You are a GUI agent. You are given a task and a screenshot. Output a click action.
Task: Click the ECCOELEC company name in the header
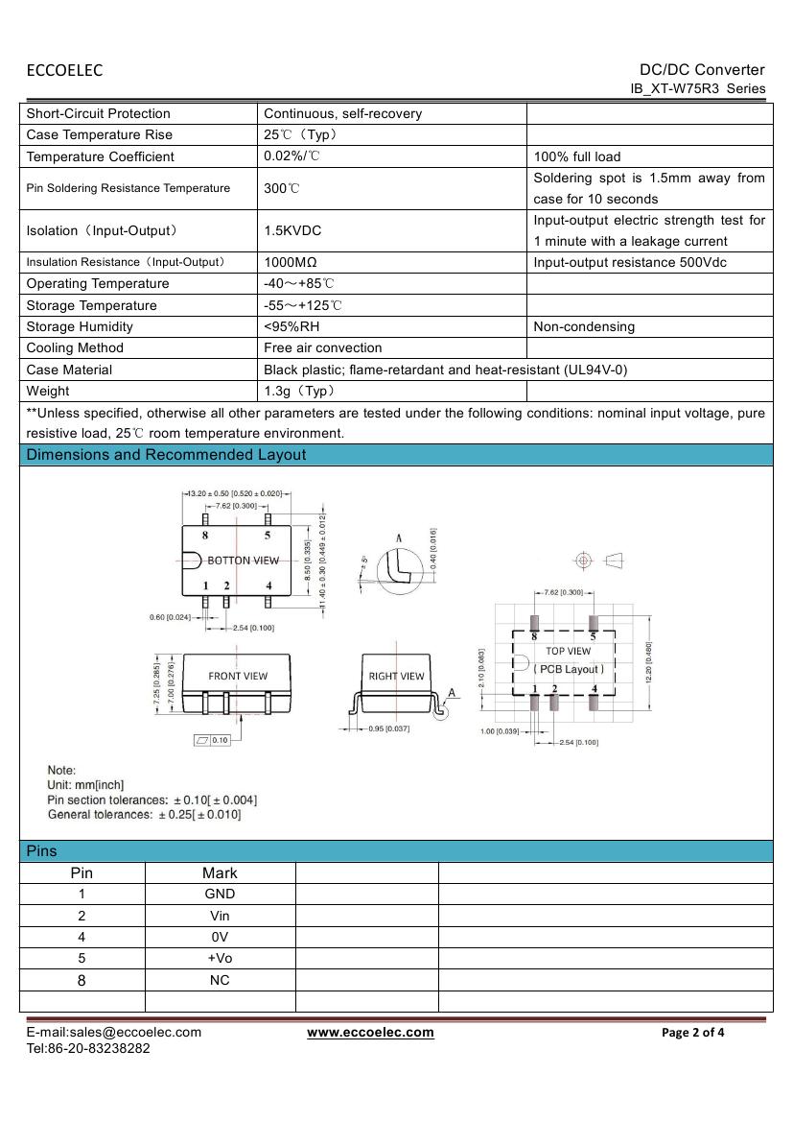[x=64, y=70]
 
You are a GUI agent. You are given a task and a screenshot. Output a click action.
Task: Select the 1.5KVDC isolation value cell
[x=292, y=231]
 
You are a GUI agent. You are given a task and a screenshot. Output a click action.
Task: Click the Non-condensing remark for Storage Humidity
[x=584, y=327]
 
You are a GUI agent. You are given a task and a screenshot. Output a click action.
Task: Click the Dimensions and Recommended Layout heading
[x=166, y=455]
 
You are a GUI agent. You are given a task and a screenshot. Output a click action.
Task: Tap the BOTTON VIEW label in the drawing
[x=244, y=561]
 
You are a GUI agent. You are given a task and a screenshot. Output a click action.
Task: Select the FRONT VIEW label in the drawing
[x=238, y=676]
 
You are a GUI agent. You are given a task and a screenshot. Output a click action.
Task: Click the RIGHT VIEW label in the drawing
[x=396, y=677]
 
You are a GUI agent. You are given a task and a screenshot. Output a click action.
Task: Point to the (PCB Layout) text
[x=570, y=669]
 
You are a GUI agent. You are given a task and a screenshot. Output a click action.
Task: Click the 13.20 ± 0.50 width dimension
[x=234, y=493]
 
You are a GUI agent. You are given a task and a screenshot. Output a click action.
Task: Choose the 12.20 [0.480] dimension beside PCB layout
[x=649, y=662]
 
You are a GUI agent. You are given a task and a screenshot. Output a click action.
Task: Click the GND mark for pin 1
[x=220, y=895]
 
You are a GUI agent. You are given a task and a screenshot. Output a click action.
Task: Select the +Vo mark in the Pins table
[x=220, y=959]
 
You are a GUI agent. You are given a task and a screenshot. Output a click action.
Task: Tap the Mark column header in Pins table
[x=220, y=873]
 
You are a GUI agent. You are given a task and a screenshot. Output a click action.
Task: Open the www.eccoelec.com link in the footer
[x=370, y=1033]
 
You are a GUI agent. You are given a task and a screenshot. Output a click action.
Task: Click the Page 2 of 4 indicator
[x=693, y=1034]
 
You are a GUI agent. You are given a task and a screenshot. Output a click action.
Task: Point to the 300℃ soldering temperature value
[x=282, y=189]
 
